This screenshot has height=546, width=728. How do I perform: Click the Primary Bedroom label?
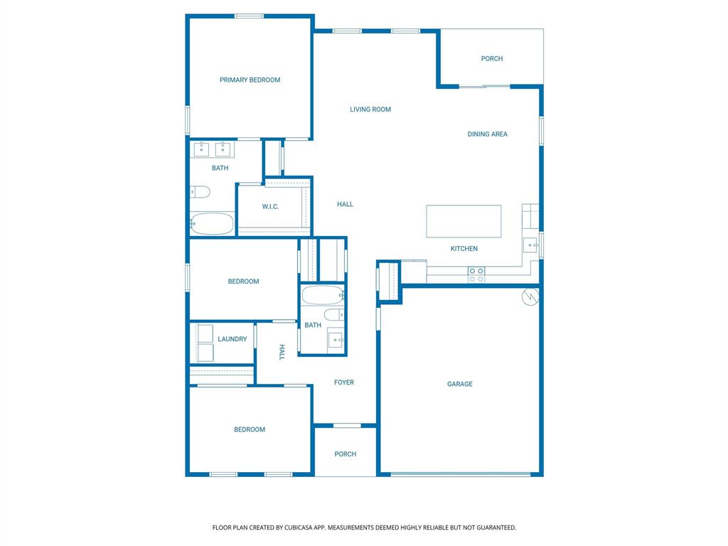pyautogui.click(x=250, y=80)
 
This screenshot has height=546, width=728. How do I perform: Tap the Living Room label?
pyautogui.click(x=370, y=109)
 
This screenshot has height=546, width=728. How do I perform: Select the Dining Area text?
pyautogui.click(x=487, y=134)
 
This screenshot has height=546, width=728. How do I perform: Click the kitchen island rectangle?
pyautogui.click(x=464, y=221)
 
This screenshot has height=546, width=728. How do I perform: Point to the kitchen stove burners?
pyautogui.click(x=476, y=274)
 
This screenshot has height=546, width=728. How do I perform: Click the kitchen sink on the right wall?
pyautogui.click(x=531, y=245)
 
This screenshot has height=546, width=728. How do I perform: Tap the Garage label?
pyautogui.click(x=460, y=384)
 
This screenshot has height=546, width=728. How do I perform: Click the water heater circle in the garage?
pyautogui.click(x=530, y=297)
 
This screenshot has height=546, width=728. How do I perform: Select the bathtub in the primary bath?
pyautogui.click(x=212, y=224)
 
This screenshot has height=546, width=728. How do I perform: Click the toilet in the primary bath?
pyautogui.click(x=200, y=191)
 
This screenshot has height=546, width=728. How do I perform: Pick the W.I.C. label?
pyautogui.click(x=270, y=207)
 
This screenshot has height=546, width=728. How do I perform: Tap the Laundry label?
pyautogui.click(x=232, y=339)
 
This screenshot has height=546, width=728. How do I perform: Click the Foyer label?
pyautogui.click(x=344, y=382)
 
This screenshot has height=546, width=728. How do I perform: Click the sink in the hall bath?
pyautogui.click(x=336, y=341)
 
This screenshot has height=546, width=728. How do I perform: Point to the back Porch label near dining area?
pyautogui.click(x=491, y=59)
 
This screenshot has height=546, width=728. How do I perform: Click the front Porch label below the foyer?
pyautogui.click(x=346, y=454)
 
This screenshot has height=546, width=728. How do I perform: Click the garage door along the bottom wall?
pyautogui.click(x=460, y=474)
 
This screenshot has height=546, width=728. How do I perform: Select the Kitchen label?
pyautogui.click(x=464, y=249)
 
